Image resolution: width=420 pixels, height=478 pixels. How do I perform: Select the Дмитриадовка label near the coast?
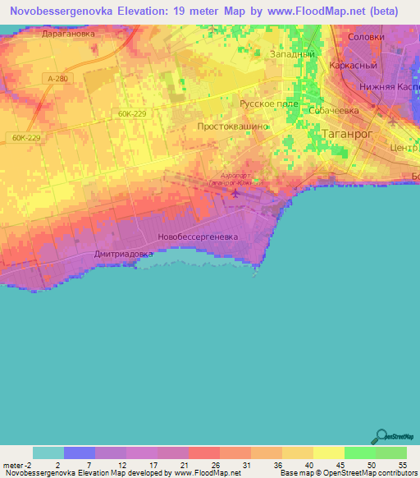coord(124,255)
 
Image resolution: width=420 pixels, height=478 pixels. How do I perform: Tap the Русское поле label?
coord(268,104)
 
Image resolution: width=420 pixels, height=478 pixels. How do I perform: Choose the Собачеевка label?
coord(335,109)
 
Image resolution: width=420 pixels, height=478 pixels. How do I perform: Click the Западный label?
coord(293,53)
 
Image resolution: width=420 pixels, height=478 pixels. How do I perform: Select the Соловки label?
coord(366,37)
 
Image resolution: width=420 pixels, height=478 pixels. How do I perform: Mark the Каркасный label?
coord(352,65)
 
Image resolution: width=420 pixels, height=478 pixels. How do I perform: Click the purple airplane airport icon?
coord(237,194)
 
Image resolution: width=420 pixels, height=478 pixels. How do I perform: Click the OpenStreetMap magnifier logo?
coord(381,436)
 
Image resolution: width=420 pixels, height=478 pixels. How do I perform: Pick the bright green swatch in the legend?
coord(359,453)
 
